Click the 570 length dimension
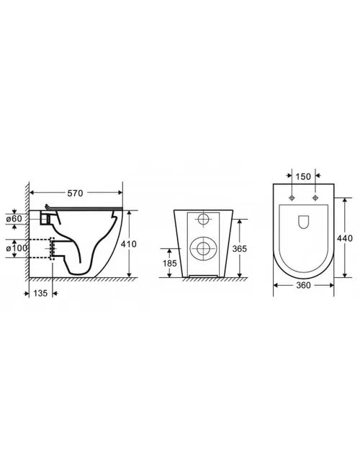[x=75, y=193]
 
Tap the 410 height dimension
[x=129, y=244]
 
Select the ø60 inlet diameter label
[x=14, y=218]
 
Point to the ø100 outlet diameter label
[x=17, y=248]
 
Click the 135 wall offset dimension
[x=40, y=293]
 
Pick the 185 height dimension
[x=169, y=264]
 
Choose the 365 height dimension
[x=240, y=248]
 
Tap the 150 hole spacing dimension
[x=303, y=176]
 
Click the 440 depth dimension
[x=345, y=238]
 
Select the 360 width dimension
[x=304, y=285]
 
